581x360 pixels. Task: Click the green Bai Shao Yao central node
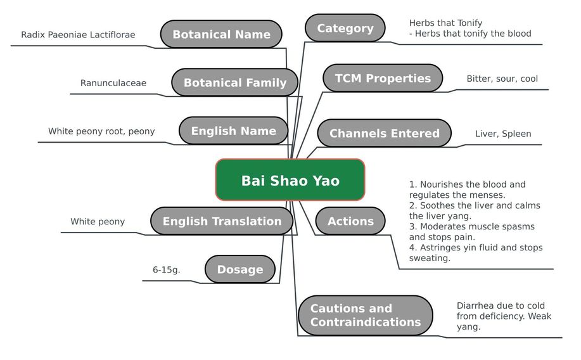tap(290, 180)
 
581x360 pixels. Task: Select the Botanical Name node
tap(221, 34)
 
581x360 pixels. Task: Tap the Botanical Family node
tap(235, 82)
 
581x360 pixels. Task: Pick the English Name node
tap(233, 131)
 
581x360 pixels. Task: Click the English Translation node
tap(222, 221)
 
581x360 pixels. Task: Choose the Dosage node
tap(240, 269)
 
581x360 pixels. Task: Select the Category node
tap(345, 28)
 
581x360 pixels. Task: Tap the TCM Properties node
tap(383, 78)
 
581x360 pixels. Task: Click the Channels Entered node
tap(384, 133)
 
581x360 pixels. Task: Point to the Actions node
tap(350, 221)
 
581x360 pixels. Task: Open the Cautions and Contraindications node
tap(366, 315)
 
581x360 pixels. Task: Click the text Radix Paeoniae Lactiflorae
tap(78, 35)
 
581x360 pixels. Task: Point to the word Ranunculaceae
tap(113, 83)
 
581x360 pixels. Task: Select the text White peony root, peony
tap(101, 131)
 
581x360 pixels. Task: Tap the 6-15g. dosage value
tap(167, 270)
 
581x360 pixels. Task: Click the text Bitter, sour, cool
tap(502, 79)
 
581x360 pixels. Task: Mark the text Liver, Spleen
tap(503, 134)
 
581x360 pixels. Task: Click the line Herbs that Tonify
tap(446, 23)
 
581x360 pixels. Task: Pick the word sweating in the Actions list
tap(430, 258)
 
